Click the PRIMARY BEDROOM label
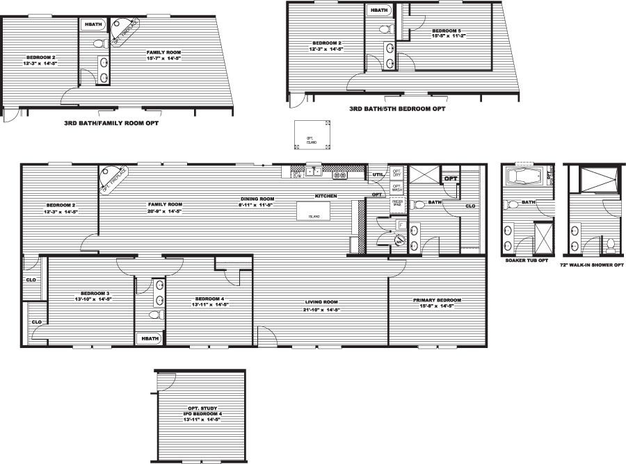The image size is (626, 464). click(x=438, y=300)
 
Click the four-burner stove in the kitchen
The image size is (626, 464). click(x=340, y=175)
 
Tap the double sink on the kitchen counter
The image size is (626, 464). click(x=313, y=172)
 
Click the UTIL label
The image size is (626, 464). click(x=378, y=174)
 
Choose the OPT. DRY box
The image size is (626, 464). click(x=397, y=172)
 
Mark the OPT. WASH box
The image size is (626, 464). click(x=397, y=188)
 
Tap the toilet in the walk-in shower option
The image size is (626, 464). click(x=610, y=245)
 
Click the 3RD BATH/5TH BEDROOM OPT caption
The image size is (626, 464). click(x=397, y=109)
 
